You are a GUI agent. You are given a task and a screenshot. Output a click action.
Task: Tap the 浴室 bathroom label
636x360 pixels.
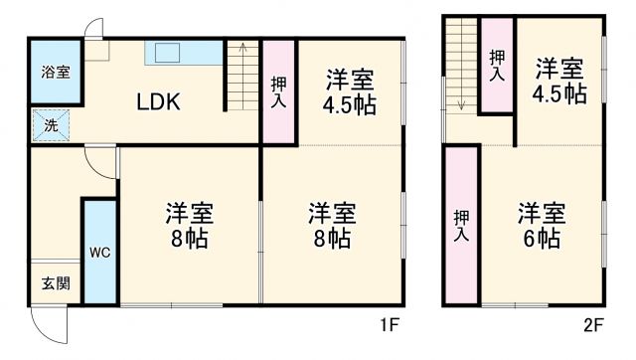pyautogui.click(x=54, y=73)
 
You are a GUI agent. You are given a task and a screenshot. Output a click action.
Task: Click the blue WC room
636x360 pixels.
pyautogui.click(x=99, y=252)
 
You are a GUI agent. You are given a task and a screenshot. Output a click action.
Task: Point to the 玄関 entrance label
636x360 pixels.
pyautogui.click(x=55, y=283)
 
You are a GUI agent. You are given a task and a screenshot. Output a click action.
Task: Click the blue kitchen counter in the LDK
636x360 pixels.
pyautogui.click(x=177, y=53)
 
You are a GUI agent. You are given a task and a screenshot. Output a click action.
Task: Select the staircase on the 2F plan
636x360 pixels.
pyautogui.click(x=462, y=65)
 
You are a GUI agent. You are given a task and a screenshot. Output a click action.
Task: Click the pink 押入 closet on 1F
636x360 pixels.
pyautogui.click(x=279, y=90)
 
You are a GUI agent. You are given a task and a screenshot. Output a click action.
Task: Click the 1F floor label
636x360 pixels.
pyautogui.click(x=388, y=325)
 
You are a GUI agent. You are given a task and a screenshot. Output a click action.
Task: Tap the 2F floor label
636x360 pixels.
pyautogui.click(x=593, y=325)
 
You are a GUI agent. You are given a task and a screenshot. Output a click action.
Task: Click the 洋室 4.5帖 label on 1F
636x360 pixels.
pyautogui.click(x=350, y=89)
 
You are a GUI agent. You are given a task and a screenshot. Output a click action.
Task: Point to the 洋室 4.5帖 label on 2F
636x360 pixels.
pyautogui.click(x=559, y=81)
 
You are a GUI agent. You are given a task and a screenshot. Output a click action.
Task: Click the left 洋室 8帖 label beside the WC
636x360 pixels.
pyautogui.click(x=189, y=226)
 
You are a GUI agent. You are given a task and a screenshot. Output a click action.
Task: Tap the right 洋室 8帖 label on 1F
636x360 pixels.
pyautogui.click(x=331, y=226)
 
